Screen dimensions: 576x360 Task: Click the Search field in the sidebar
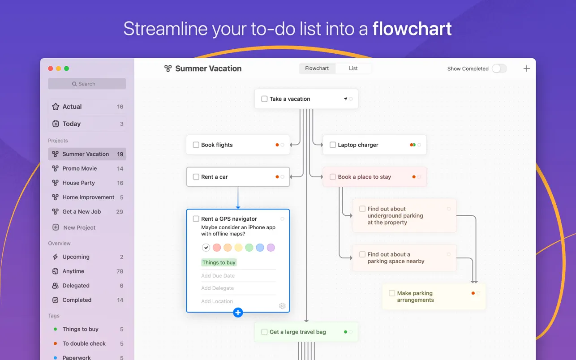point(87,84)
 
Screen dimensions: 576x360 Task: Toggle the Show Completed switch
point(499,69)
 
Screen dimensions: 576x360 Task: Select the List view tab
point(353,69)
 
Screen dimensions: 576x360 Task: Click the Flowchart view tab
point(317,69)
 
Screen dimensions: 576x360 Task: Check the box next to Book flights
point(196,145)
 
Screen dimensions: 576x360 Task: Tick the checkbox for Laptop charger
point(333,145)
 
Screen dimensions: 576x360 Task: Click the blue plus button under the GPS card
point(238,313)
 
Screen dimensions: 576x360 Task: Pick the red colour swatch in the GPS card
point(217,248)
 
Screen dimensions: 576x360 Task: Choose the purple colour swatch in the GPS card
point(271,248)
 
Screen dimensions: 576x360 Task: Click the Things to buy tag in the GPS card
point(219,262)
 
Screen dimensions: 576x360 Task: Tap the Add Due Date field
point(218,276)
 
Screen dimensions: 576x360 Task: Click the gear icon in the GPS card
point(282,306)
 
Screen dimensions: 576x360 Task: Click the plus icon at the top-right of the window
point(527,69)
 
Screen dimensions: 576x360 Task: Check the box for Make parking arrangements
point(392,293)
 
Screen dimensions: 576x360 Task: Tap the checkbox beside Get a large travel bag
point(264,332)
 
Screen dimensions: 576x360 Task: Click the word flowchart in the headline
point(412,29)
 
